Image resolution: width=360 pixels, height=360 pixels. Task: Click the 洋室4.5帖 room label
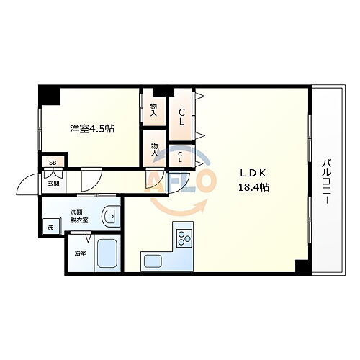pos(91,129)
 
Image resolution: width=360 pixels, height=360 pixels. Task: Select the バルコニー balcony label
pos(325,182)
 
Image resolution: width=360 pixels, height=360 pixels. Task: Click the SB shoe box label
pos(52,163)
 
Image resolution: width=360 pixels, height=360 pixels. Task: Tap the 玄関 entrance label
pos(53,183)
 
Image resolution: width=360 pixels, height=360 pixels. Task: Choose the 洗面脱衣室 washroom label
pos(78,215)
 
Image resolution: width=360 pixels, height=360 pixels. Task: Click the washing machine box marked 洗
pos(50,228)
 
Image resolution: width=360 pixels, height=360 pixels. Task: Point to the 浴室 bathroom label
pos(79,253)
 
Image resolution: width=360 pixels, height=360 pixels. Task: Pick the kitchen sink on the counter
pos(153,261)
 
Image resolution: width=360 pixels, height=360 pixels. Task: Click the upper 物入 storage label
pos(153,107)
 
